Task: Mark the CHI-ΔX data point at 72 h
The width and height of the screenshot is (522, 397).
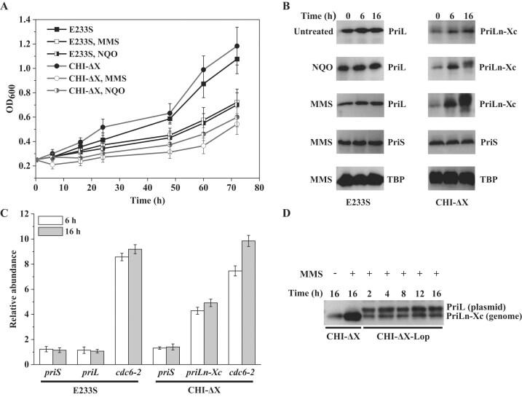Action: point(237,46)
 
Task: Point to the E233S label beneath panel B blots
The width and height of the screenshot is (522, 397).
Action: point(358,202)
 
